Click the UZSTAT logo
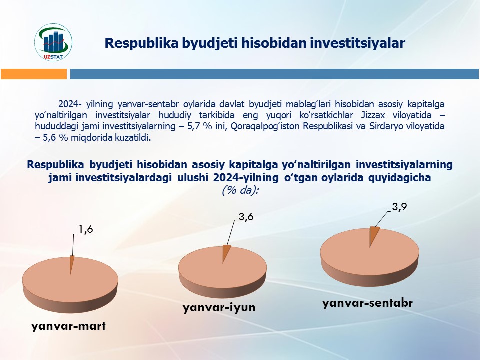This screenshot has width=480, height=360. [x=53, y=42]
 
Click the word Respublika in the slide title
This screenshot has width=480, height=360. [x=141, y=43]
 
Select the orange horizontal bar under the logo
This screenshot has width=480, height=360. [x=34, y=74]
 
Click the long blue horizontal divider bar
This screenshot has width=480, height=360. [x=274, y=74]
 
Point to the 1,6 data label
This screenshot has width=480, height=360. [x=85, y=229]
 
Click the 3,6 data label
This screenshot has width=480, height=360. [x=246, y=217]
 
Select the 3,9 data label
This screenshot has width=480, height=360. [x=400, y=207]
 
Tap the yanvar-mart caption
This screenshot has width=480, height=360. [x=68, y=326]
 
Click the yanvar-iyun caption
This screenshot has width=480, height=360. [x=219, y=307]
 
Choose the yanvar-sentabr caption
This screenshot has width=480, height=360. [x=367, y=303]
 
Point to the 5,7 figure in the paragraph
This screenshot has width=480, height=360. [x=194, y=126]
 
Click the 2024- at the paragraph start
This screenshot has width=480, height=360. [x=70, y=104]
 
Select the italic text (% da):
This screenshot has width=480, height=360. [x=240, y=190]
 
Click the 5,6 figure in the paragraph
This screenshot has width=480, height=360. [x=50, y=138]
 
